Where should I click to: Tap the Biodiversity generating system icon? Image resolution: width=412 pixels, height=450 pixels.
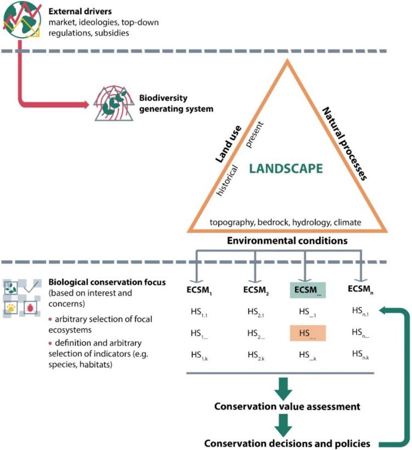tap(114, 103)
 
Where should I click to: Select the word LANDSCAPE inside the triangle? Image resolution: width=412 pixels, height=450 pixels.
tap(285, 168)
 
